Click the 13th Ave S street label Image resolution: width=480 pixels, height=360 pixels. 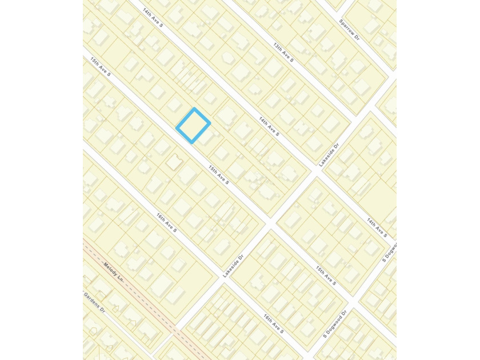283,53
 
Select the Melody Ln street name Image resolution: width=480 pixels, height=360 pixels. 114,271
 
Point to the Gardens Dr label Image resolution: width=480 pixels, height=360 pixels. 94,301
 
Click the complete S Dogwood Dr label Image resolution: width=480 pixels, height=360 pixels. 335,323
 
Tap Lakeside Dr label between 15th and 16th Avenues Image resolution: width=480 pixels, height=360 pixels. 233,266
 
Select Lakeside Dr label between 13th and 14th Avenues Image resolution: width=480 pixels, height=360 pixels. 329,155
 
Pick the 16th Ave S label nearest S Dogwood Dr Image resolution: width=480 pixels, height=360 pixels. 274,323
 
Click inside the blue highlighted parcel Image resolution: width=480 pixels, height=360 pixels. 193,125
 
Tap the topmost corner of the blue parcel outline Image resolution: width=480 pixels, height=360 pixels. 195,109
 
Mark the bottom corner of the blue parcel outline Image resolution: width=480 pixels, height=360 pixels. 191,142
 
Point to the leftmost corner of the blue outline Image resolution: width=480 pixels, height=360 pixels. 177,127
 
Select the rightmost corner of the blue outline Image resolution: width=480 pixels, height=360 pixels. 210,122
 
